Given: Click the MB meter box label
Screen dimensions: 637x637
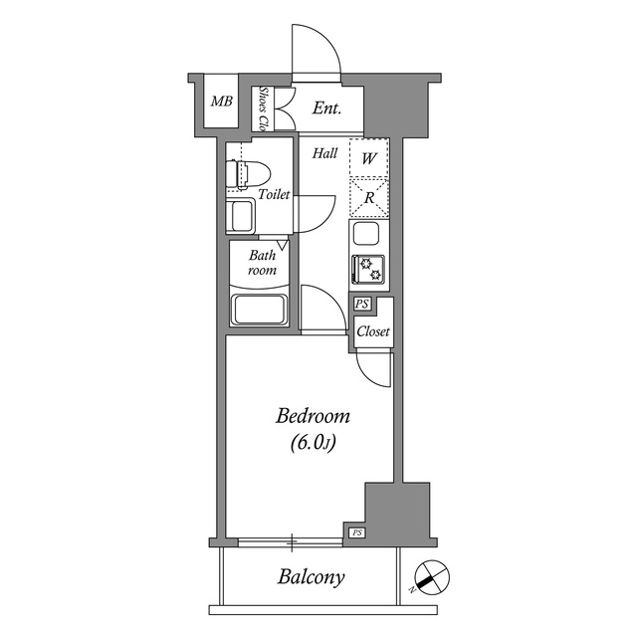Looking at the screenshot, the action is [222, 101].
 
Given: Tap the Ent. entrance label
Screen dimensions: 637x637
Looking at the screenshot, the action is [326, 108].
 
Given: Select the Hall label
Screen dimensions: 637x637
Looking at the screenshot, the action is [325, 153].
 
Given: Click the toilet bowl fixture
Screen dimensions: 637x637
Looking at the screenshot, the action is [248, 175].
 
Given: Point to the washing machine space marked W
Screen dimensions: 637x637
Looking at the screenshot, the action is [369, 158].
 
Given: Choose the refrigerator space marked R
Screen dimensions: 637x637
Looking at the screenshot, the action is [369, 198].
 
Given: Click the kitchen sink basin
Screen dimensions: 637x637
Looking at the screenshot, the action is [366, 234].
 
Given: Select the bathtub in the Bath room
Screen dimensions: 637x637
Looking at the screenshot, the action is [259, 310].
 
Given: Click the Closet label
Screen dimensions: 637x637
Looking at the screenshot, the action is [373, 331].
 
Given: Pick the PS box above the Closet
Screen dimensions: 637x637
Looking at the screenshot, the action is [362, 304].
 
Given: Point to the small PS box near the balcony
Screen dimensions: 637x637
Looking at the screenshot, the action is [357, 532].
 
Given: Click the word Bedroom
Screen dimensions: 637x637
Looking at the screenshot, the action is [313, 416].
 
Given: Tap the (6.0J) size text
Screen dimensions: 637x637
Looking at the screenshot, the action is [314, 443].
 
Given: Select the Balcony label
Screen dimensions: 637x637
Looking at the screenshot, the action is [312, 577].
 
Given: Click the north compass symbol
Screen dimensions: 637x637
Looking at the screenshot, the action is [432, 577].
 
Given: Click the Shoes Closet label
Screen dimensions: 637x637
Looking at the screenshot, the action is [264, 108].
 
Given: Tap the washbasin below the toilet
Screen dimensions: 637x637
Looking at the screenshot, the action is [240, 216].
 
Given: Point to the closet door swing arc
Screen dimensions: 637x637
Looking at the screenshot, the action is [368, 376].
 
